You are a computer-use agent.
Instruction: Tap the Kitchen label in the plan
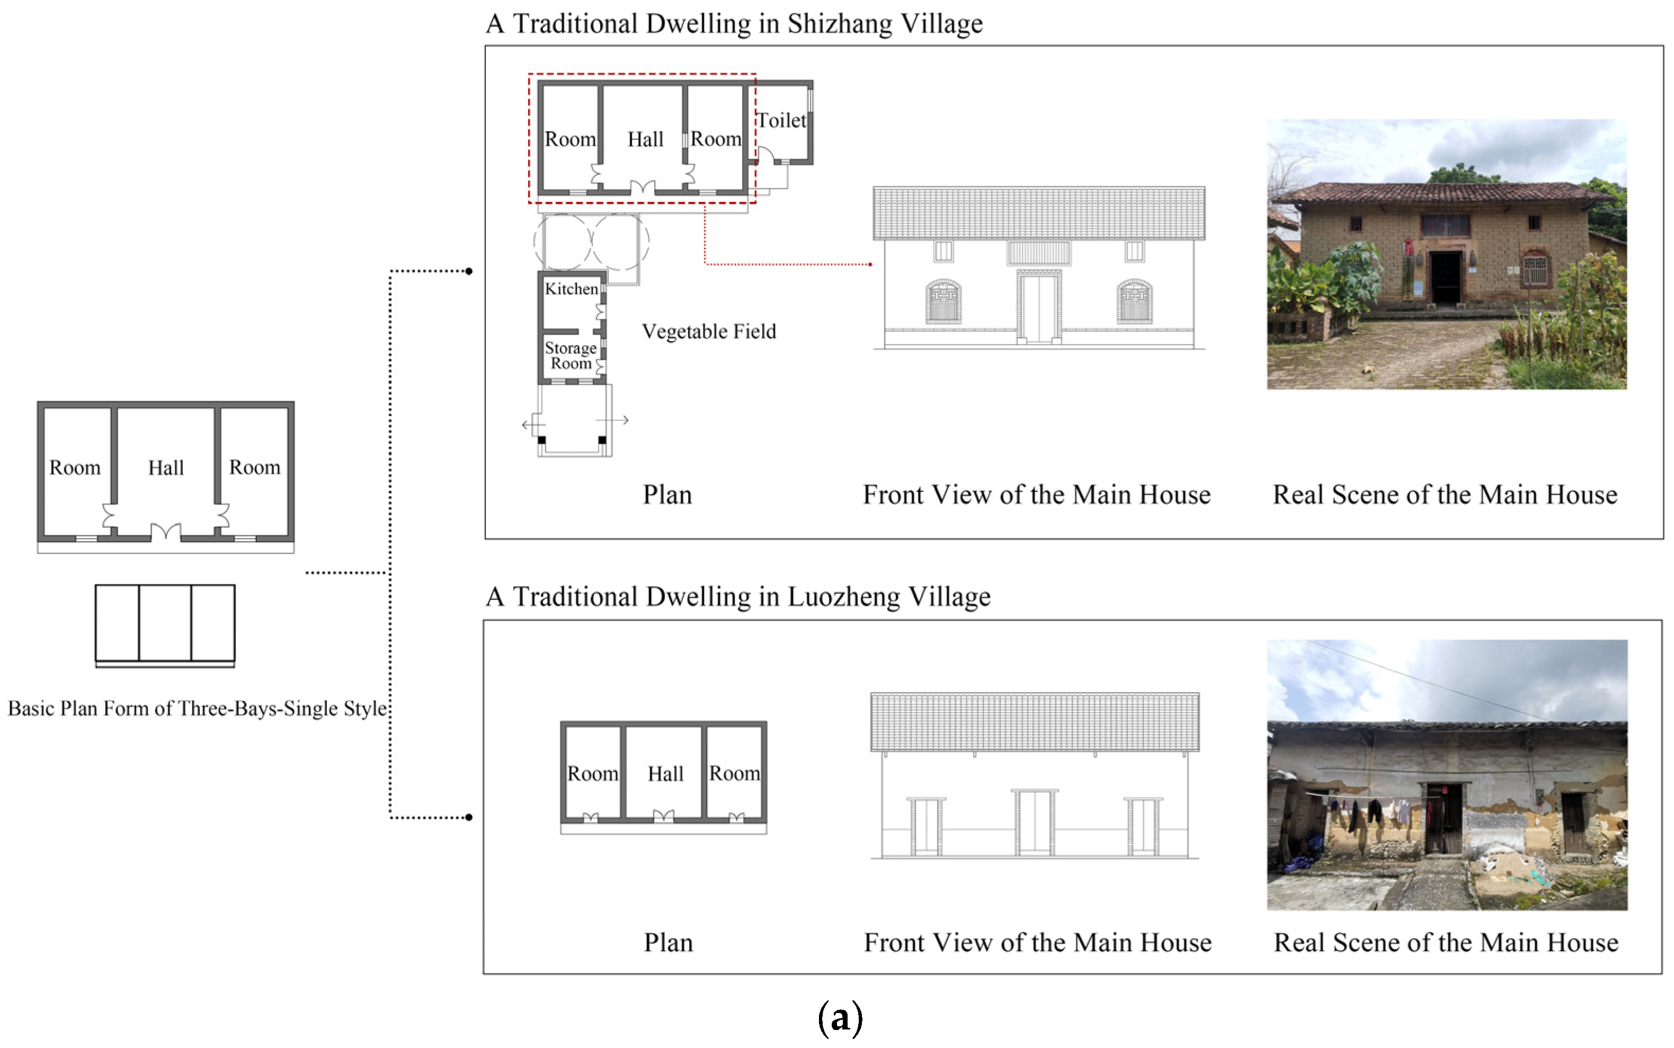[x=571, y=289]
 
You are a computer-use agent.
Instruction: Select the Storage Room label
[x=570, y=355]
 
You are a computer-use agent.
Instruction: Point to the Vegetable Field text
[x=708, y=332]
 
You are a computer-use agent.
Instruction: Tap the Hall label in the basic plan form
[x=166, y=468]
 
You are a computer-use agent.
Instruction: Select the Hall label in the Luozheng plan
[x=665, y=774]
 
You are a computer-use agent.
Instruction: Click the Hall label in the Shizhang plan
[x=645, y=139]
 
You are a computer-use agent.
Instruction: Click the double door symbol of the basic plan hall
[x=166, y=532]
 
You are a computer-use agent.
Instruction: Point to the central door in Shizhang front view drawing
[x=1038, y=307]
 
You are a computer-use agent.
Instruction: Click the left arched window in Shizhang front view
[x=943, y=301]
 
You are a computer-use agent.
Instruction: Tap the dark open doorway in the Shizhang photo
[x=1445, y=277]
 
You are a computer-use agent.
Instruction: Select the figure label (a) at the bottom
[x=840, y=1017]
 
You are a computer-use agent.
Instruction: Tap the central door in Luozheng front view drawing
[x=1034, y=823]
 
